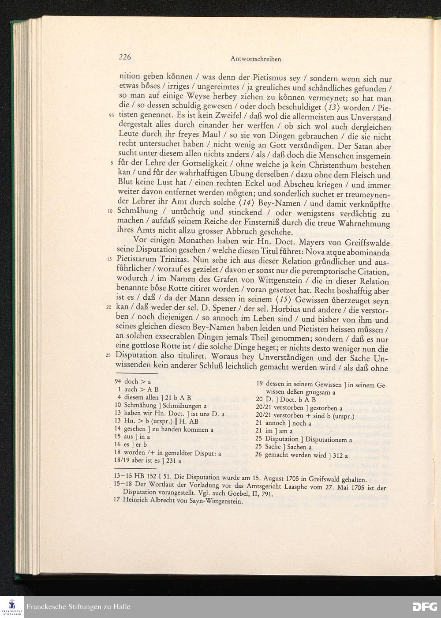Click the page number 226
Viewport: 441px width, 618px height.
pyautogui.click(x=125, y=57)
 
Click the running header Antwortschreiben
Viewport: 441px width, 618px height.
pyautogui.click(x=256, y=59)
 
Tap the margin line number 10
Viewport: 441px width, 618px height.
pyautogui.click(x=112, y=211)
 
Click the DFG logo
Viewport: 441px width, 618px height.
pyautogui.click(x=424, y=607)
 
